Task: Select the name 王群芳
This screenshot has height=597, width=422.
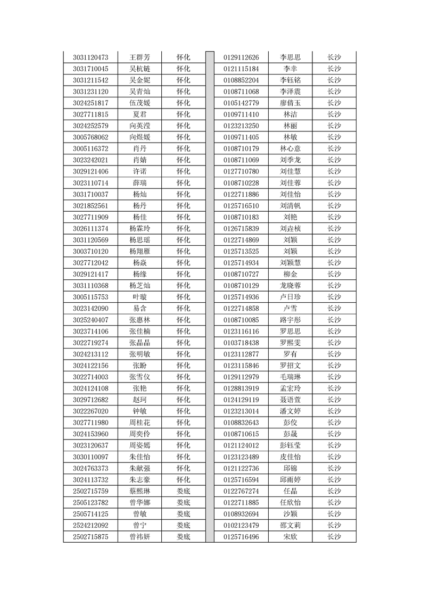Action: [139, 57]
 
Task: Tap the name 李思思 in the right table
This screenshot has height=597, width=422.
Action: [291, 57]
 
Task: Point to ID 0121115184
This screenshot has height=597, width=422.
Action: [241, 69]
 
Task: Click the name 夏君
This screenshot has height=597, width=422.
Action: [139, 114]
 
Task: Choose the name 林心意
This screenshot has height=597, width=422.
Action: [291, 148]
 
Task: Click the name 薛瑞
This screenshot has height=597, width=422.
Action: [139, 183]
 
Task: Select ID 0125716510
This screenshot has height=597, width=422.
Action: [241, 206]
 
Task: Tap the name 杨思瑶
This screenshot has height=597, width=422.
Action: [139, 240]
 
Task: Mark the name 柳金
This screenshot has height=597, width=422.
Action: [291, 274]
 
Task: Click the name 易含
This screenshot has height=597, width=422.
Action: [139, 309]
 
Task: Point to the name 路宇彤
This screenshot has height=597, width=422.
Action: [291, 320]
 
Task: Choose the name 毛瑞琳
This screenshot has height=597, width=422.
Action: [291, 377]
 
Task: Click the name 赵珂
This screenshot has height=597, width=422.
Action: [139, 400]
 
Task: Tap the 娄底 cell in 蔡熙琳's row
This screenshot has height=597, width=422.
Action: [184, 491]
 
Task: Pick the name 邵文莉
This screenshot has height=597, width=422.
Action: [291, 525]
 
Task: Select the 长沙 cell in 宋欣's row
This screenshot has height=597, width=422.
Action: [334, 537]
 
